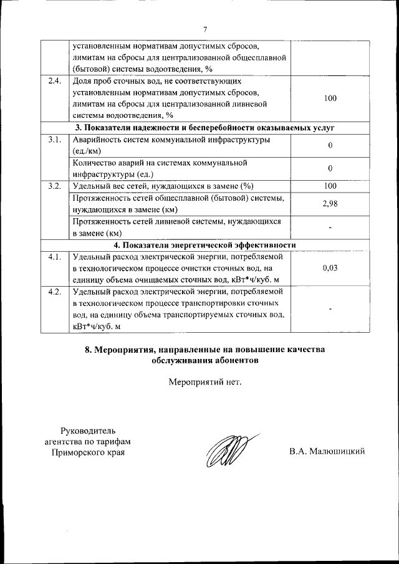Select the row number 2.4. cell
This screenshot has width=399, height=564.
click(54, 81)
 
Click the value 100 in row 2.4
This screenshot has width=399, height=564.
click(330, 98)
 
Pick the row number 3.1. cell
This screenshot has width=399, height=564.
click(54, 140)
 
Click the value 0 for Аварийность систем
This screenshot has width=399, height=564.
click(330, 145)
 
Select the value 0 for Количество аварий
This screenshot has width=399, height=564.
click(330, 168)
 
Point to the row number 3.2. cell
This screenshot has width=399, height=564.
click(54, 186)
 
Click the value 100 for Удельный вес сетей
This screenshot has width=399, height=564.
click(330, 186)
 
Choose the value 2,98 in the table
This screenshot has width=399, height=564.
click(330, 204)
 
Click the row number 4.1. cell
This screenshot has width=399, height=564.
click(54, 256)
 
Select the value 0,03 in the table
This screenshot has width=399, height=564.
click(330, 267)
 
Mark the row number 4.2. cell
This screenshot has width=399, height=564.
click(54, 292)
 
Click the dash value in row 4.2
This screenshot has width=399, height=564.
click(330, 309)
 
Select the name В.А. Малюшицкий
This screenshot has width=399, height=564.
click(327, 451)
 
